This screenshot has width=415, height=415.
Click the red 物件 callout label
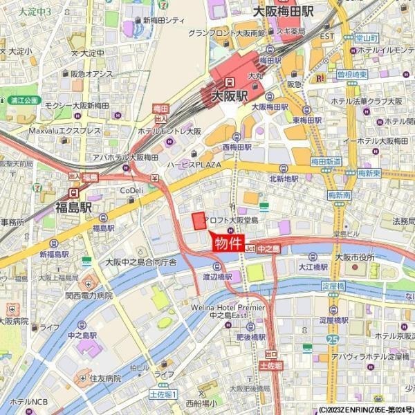(x=228, y=243)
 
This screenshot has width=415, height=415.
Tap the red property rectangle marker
(x=199, y=221)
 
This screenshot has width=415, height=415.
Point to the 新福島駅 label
(x=54, y=255)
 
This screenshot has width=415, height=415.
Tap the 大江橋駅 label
(x=313, y=266)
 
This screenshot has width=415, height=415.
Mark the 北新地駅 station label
(x=284, y=178)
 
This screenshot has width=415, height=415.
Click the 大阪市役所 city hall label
(x=354, y=257)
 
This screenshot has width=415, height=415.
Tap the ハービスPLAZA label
(x=193, y=165)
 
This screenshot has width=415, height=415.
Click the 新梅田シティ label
(x=165, y=21)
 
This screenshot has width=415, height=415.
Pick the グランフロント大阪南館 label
(x=226, y=33)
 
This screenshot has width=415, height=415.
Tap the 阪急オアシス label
(x=91, y=74)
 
